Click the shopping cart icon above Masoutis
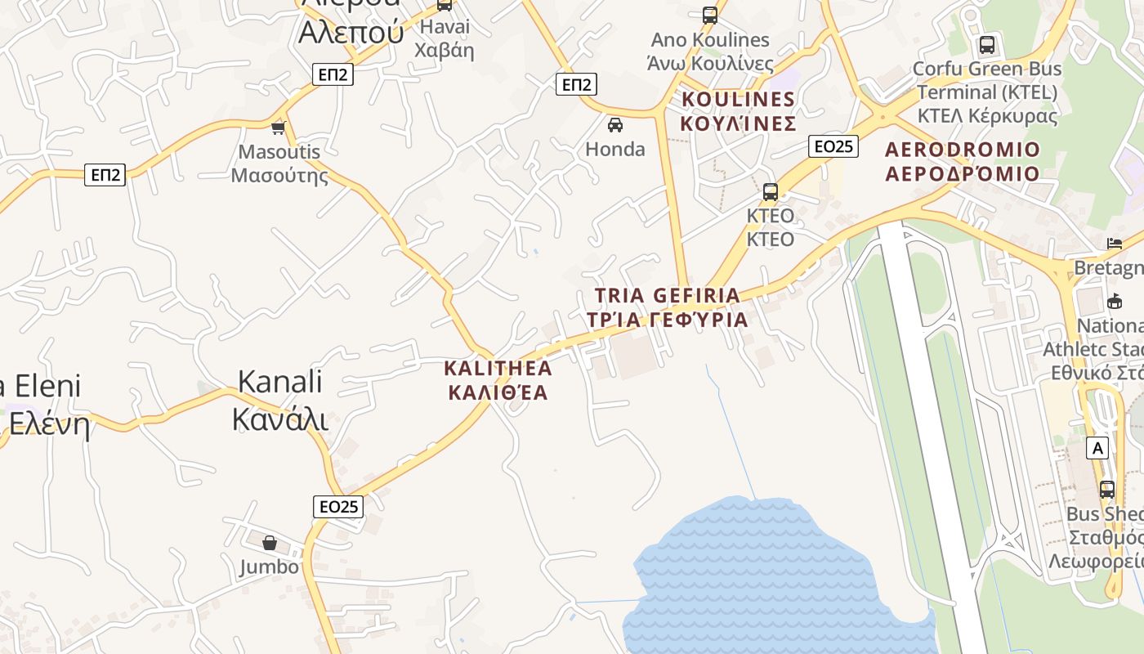tap(279, 127)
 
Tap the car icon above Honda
tap(614, 124)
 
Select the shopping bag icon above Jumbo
tap(270, 542)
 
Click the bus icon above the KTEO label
tap(770, 192)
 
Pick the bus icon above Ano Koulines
tap(709, 15)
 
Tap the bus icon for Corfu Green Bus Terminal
tap(987, 44)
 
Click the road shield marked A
tap(1097, 448)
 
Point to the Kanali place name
tap(280, 401)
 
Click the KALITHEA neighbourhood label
tap(498, 380)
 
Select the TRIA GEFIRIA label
tap(667, 307)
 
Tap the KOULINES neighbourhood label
tap(738, 111)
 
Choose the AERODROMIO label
tap(963, 161)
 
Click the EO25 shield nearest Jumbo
tap(338, 506)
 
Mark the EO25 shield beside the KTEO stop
tap(833, 146)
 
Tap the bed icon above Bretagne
tap(1114, 243)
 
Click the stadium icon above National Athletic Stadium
tap(1114, 301)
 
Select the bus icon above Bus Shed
tap(1107, 490)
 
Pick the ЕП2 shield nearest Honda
tap(576, 84)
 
